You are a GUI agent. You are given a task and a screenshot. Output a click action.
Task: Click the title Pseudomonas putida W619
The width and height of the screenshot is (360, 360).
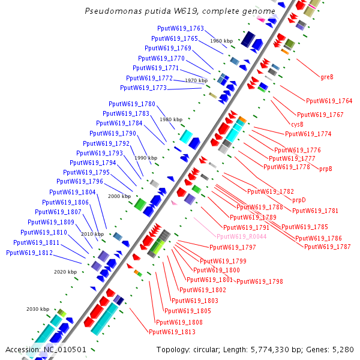coord(180,11)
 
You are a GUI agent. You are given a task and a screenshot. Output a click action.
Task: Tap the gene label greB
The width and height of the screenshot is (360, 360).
coord(327,77)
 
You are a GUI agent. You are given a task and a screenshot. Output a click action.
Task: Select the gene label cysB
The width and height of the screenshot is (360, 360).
coord(298,124)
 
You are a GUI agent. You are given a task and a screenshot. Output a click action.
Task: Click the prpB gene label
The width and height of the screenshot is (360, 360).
coord(326,169)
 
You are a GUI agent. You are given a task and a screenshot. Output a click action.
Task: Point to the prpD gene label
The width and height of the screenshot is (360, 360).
coord(299,200)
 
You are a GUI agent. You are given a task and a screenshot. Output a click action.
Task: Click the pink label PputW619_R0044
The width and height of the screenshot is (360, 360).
coord(242,236)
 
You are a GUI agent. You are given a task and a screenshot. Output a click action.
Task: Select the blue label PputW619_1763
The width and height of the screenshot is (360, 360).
coord(181,29)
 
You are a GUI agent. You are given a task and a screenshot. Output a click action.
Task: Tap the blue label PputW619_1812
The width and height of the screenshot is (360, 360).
coord(29,253)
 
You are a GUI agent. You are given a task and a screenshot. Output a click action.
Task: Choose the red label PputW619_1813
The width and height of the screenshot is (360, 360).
coord(172,332)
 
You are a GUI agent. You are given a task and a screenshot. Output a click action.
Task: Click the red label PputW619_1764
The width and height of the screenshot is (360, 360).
coord(329,101)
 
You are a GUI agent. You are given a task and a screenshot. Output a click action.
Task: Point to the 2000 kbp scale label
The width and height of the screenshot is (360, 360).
coord(119,196)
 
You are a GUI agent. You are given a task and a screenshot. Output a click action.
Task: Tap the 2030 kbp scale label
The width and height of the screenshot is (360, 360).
coord(37,309)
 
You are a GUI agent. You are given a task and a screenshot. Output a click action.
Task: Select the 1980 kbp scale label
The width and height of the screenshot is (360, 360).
coord(170,119)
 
